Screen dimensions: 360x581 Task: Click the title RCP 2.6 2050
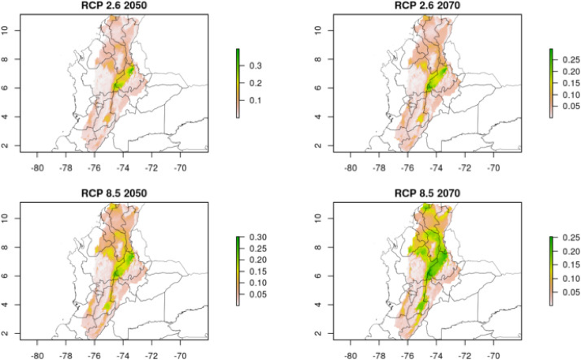tap(113, 6)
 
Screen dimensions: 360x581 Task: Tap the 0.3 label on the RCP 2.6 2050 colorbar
tap(256, 65)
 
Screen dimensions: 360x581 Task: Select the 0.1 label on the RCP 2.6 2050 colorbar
tap(256, 101)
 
